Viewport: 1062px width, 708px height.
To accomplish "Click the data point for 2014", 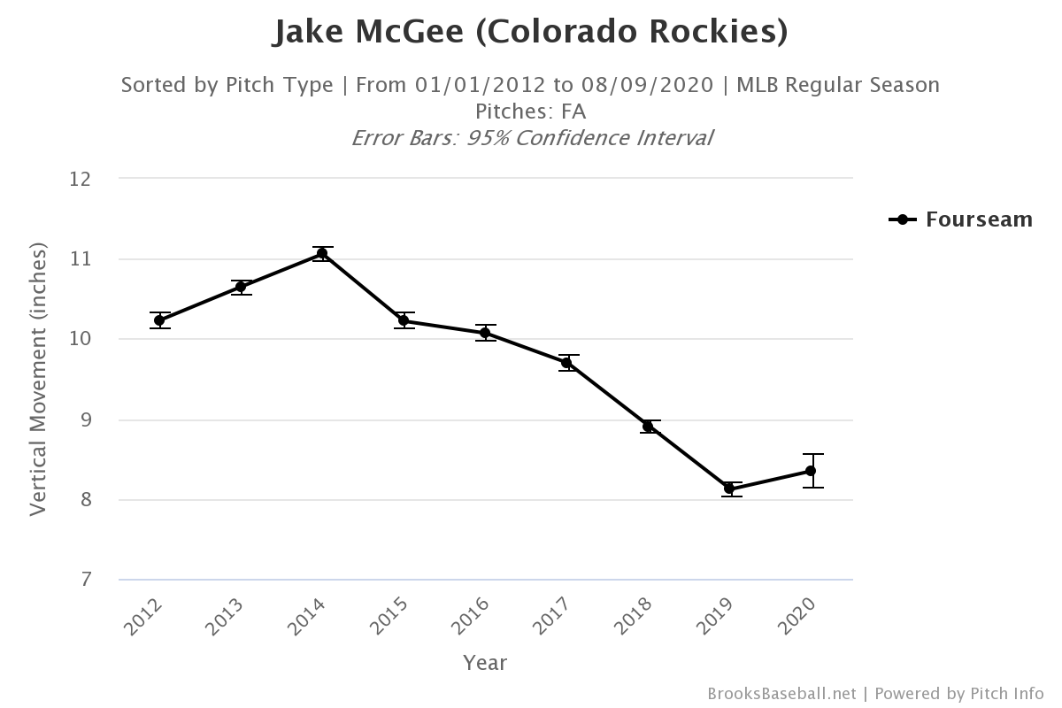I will [x=322, y=254].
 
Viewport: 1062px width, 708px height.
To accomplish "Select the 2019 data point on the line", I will [x=729, y=489].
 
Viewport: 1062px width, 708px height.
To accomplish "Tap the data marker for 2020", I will [x=811, y=471].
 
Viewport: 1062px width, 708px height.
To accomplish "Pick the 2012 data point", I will [x=159, y=320].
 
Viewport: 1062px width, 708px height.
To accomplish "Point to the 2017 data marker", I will [x=566, y=363].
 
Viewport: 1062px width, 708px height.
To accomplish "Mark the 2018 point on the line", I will [x=648, y=427].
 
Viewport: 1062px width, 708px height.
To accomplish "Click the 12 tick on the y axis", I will [x=81, y=179].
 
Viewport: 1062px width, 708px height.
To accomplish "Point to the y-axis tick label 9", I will [x=86, y=420].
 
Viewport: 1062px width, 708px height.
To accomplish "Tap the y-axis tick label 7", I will [x=86, y=581].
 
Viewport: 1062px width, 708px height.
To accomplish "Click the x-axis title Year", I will [x=485, y=662].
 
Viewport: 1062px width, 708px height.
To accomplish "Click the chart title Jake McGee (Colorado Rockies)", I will [x=530, y=32].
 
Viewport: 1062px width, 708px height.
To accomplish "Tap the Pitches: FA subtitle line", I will [x=530, y=112].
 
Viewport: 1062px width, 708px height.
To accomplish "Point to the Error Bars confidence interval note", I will [x=532, y=138].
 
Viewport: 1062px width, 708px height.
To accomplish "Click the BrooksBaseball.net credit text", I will [x=781, y=693].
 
